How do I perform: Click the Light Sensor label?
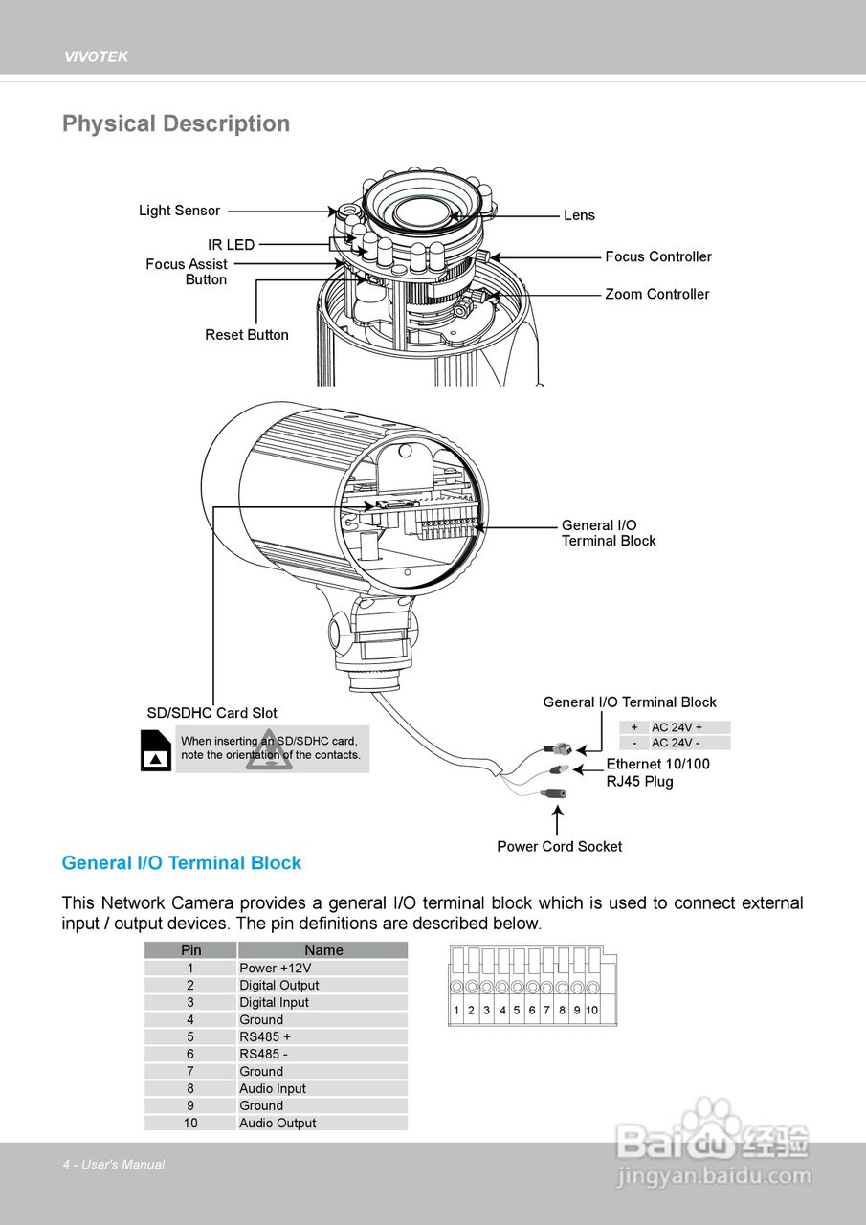179,211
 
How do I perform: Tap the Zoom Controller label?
656,294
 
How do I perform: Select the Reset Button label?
247,335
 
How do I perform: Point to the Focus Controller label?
658,256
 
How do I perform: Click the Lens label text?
579,215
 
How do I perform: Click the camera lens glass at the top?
422,210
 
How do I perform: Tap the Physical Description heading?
176,123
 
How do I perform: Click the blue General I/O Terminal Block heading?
181,862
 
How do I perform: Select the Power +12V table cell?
275,968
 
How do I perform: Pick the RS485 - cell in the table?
263,1054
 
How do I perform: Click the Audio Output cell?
278,1123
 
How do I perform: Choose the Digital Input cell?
274,1002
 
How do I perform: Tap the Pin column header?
191,950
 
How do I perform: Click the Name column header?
323,950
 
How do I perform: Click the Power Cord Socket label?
559,846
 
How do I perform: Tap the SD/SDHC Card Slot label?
211,713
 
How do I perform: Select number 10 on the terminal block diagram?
592,1010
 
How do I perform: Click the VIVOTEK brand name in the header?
96,57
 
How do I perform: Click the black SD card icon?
156,751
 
